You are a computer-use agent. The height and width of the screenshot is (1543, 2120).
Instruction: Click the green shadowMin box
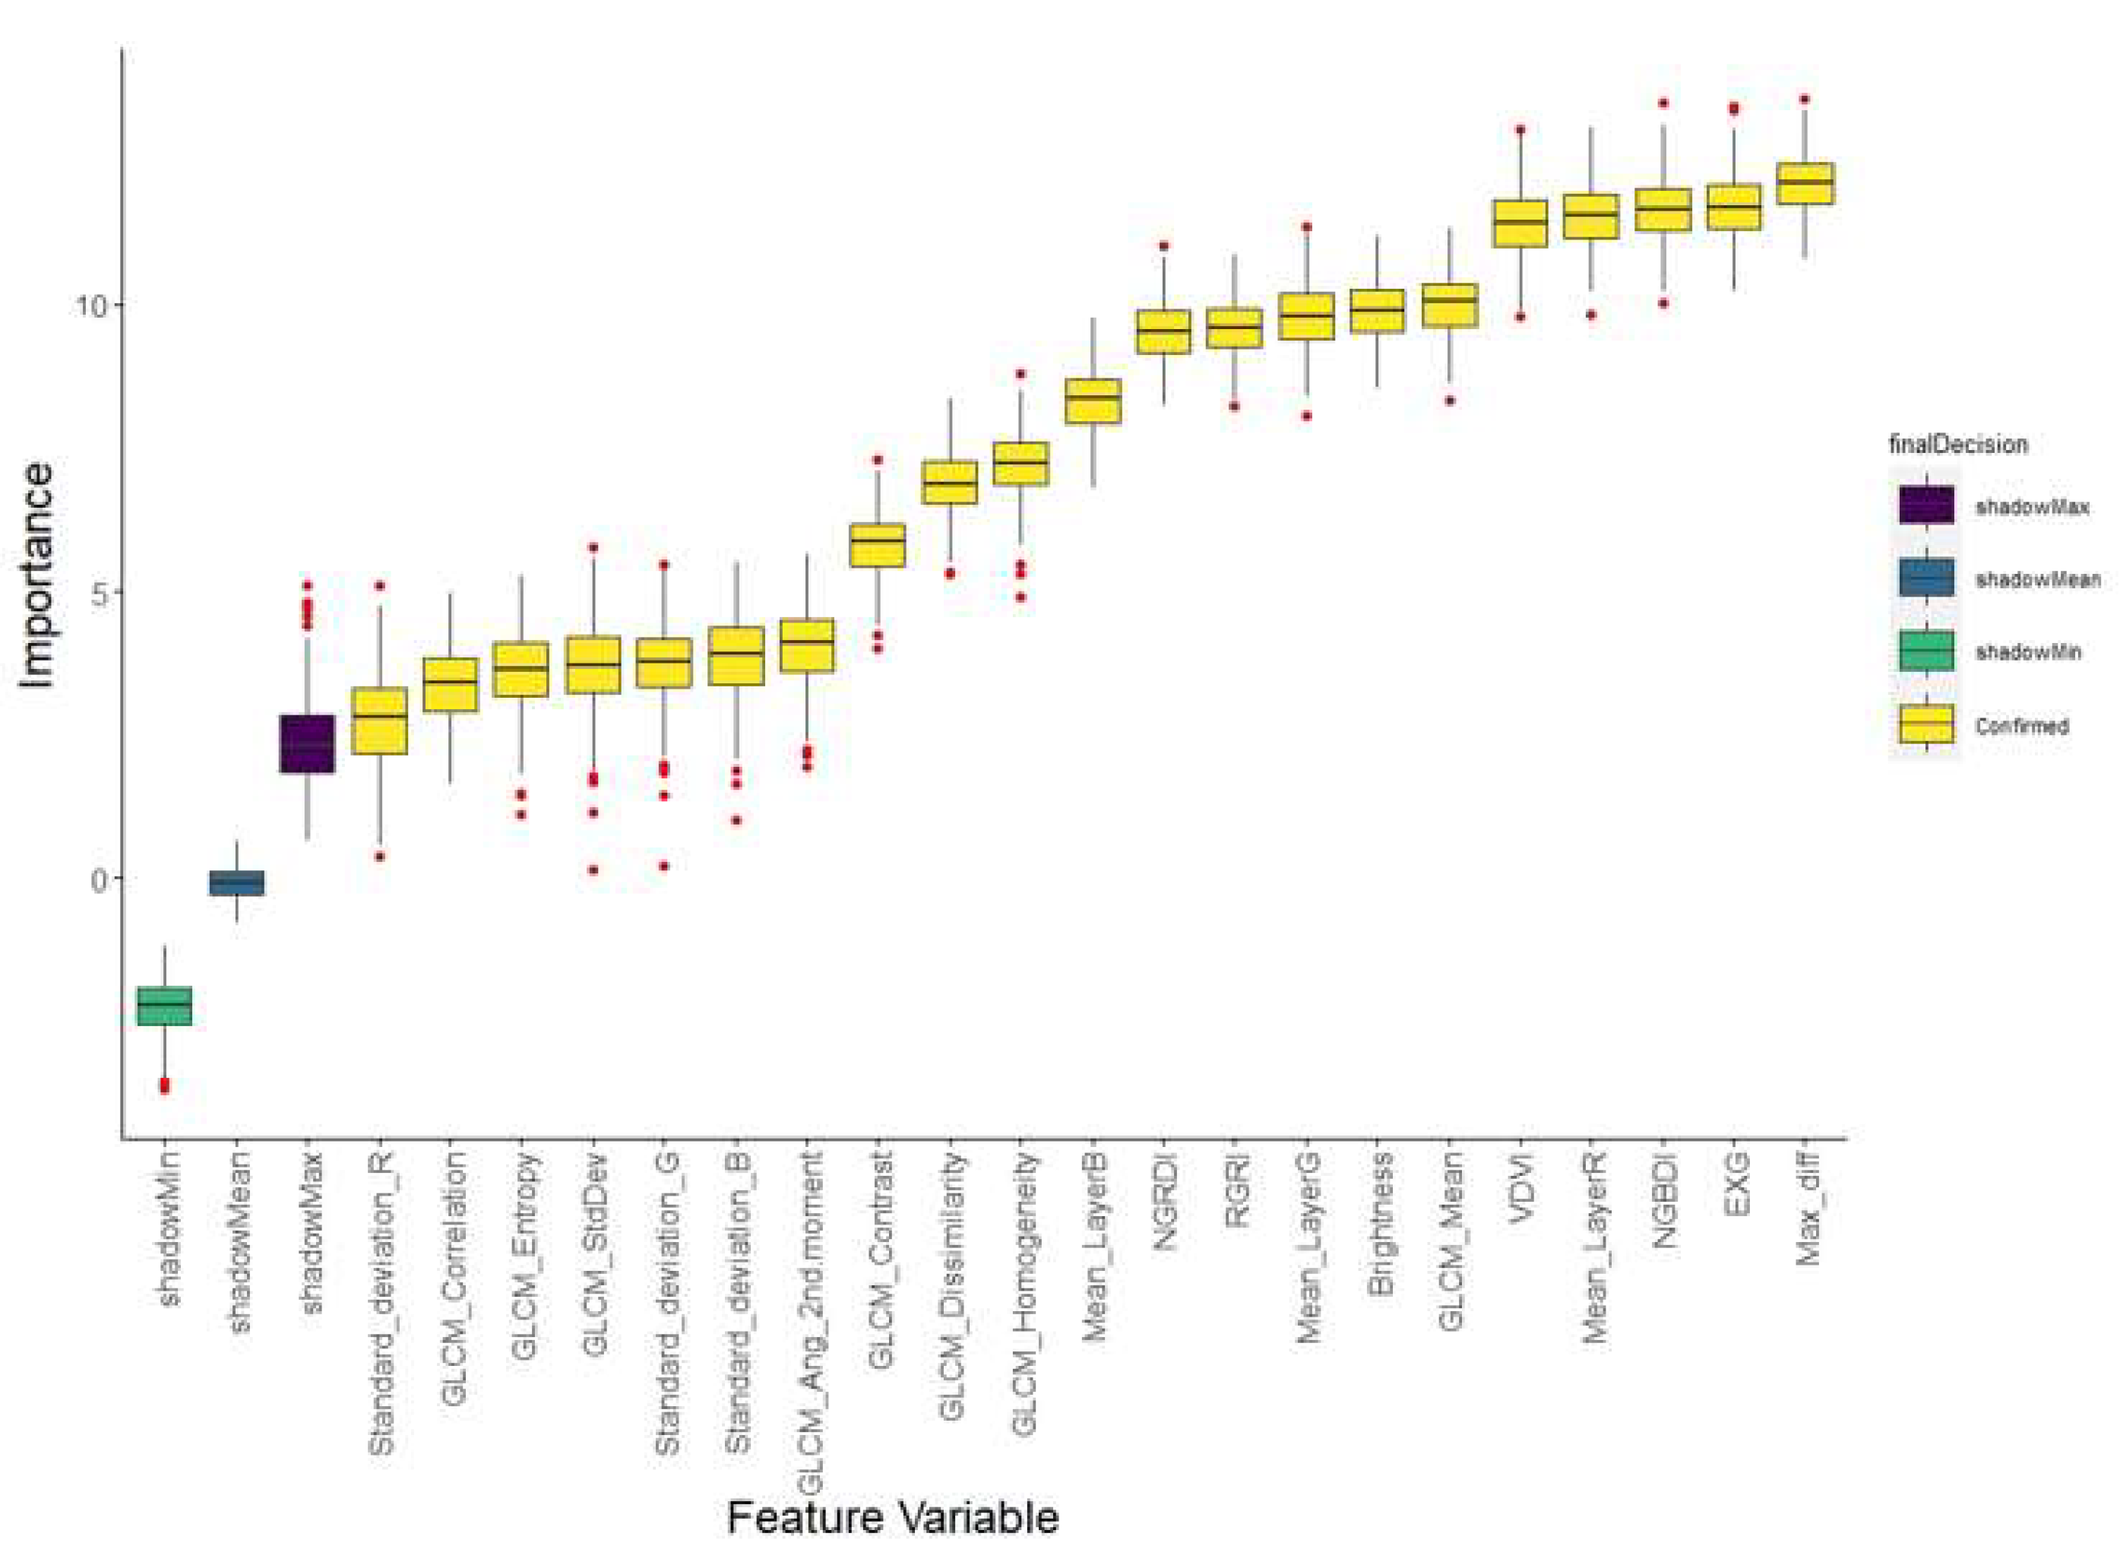(165, 1006)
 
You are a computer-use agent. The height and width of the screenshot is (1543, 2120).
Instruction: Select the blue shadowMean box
(236, 882)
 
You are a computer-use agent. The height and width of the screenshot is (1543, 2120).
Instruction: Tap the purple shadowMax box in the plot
(308, 743)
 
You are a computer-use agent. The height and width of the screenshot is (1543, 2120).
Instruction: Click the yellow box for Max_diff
(1804, 182)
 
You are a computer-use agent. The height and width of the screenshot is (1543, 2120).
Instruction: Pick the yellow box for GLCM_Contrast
(877, 544)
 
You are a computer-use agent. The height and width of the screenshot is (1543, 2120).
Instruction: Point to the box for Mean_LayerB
(1093, 401)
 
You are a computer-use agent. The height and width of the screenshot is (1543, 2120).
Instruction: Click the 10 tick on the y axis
(88, 306)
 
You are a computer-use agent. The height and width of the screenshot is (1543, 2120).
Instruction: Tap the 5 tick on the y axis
(97, 593)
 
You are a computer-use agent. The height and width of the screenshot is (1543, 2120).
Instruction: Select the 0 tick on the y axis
(97, 879)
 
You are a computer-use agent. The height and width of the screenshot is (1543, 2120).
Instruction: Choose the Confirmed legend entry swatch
(1925, 724)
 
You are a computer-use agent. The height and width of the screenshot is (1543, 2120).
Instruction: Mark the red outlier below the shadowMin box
(165, 1085)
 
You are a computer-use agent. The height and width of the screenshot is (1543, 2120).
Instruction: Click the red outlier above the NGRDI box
(1164, 246)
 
